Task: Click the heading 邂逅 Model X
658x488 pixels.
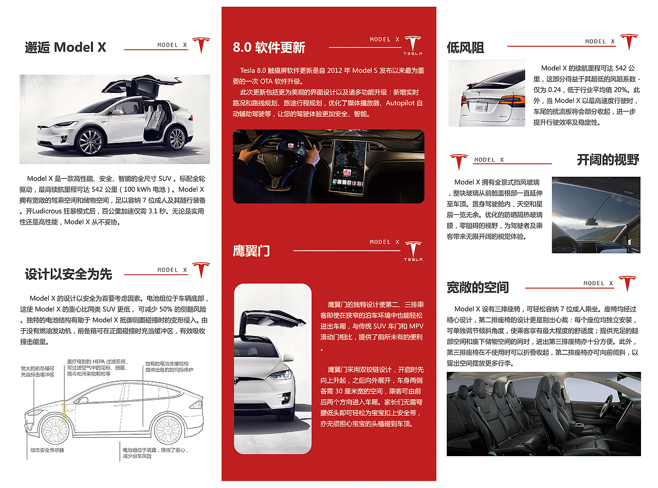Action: [65, 47]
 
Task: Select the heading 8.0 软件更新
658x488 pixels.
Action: [269, 48]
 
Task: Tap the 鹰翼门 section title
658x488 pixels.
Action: [251, 251]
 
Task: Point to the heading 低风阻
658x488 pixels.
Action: [465, 48]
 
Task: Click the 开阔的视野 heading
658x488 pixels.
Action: [608, 160]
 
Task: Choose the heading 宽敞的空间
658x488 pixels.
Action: [478, 287]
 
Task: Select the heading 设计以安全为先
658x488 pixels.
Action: [68, 274]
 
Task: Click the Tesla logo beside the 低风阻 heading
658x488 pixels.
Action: [628, 42]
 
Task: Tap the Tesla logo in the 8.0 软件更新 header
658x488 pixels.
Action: [413, 45]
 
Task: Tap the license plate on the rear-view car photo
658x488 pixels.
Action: [480, 108]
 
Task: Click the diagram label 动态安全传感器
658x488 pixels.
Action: [47, 449]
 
